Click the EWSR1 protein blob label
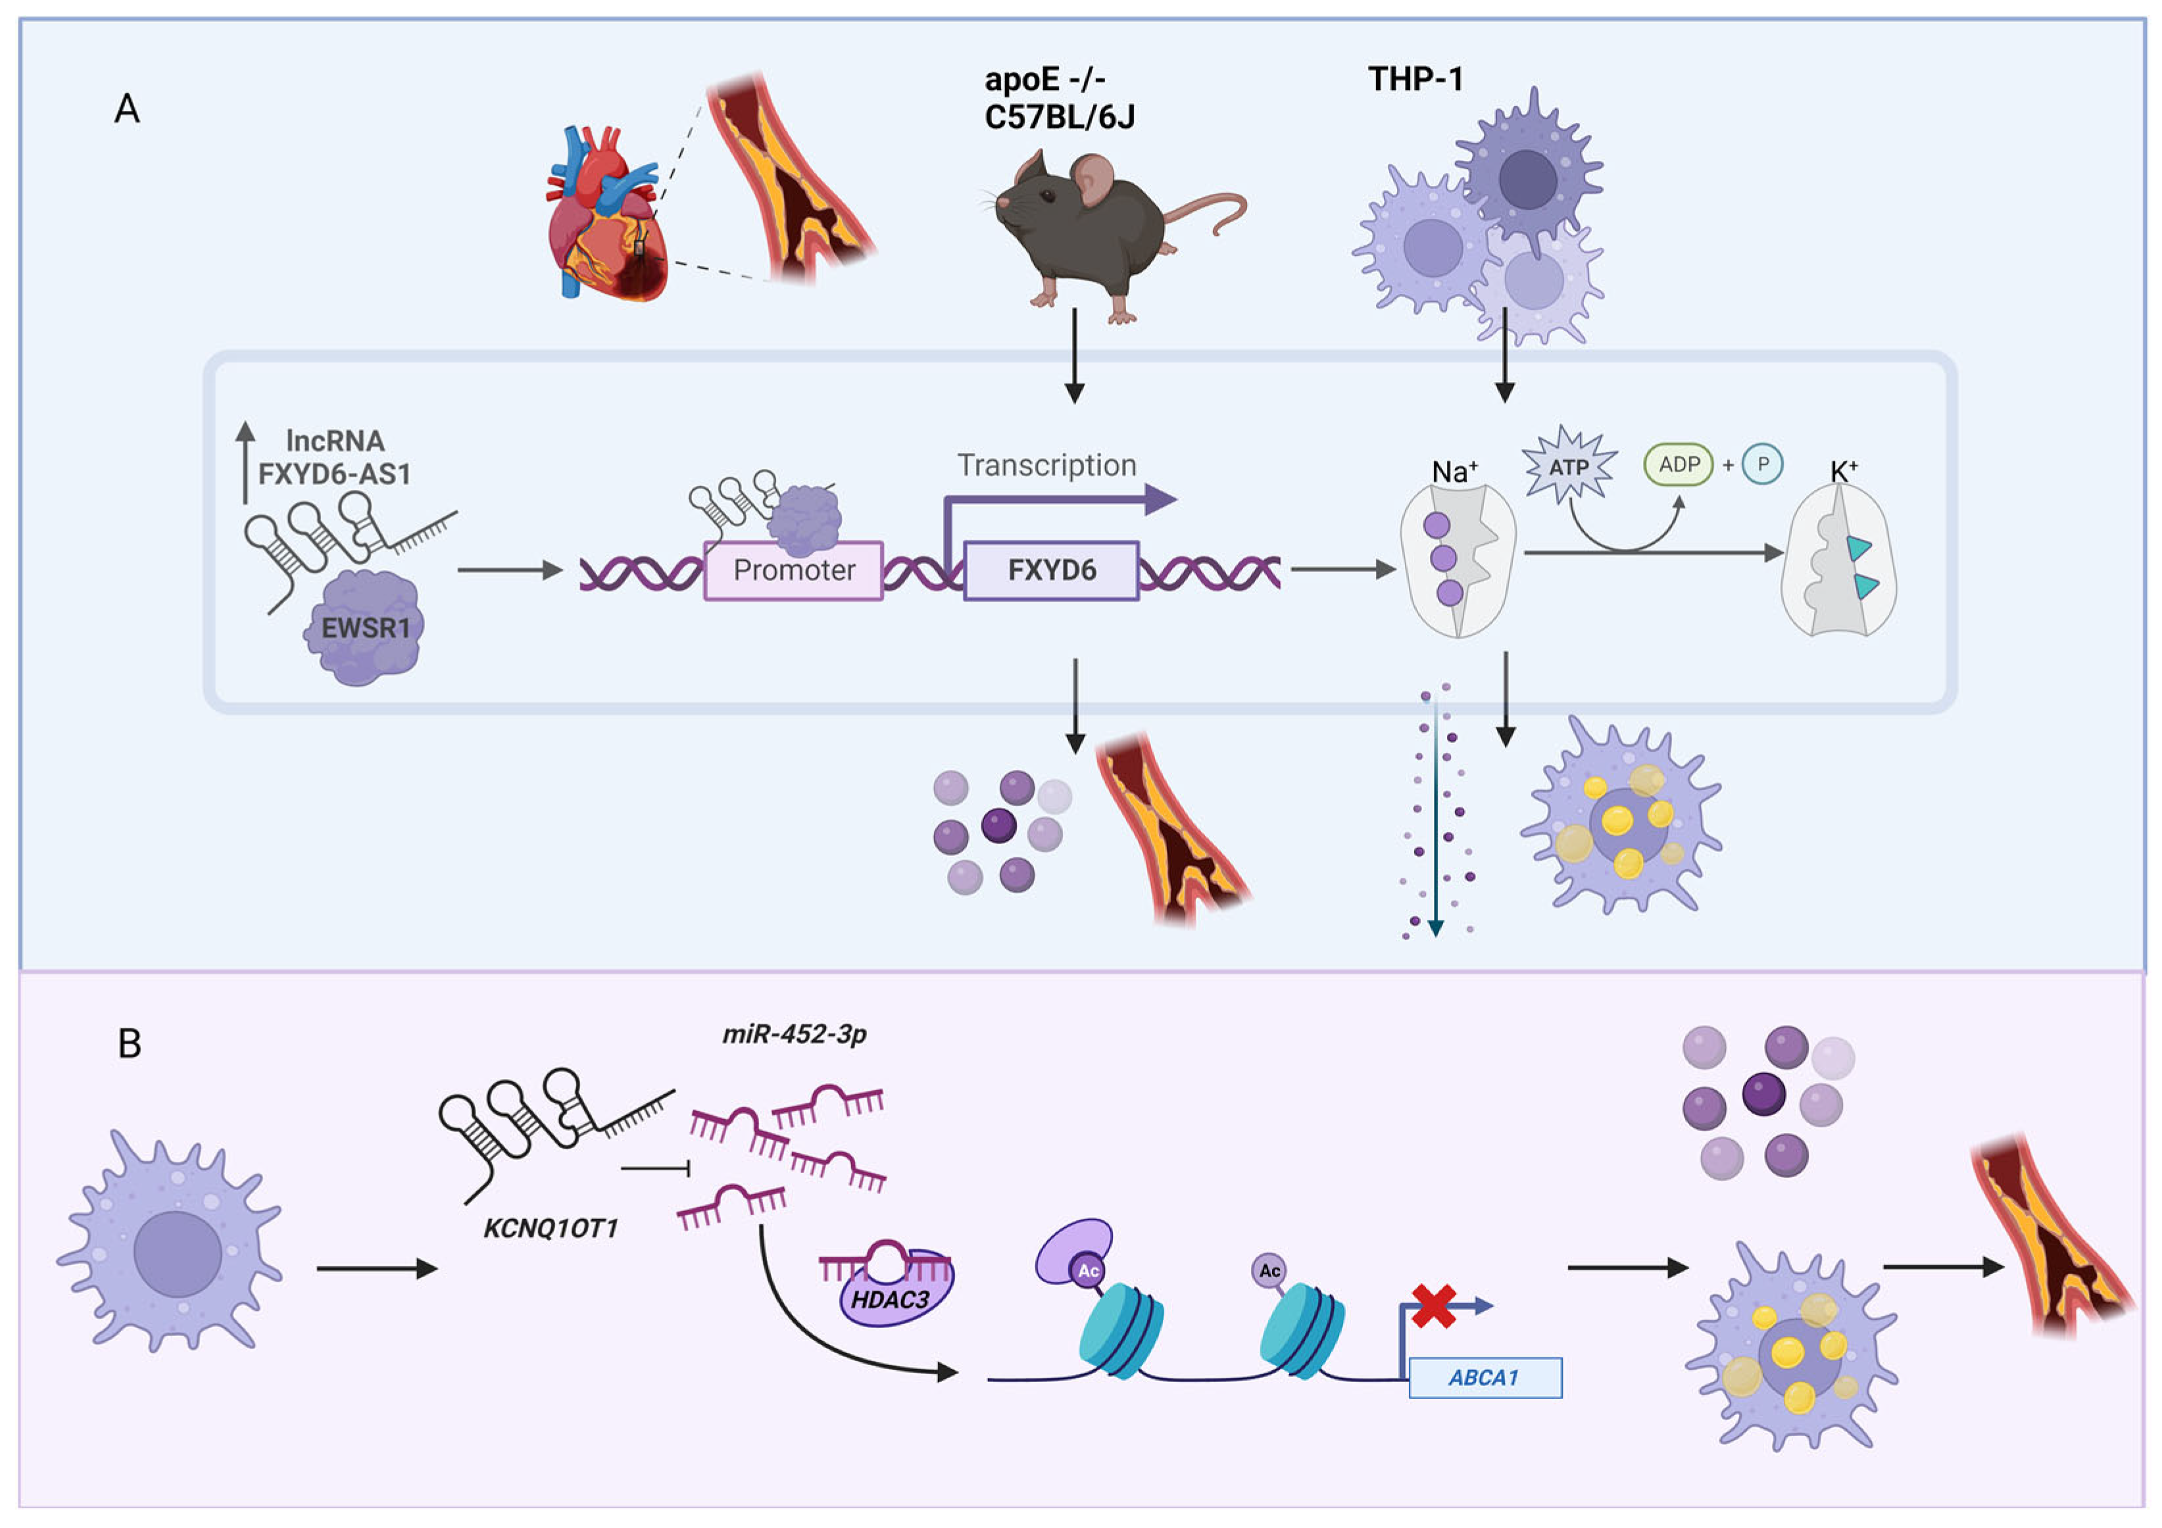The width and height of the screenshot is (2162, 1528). (365, 628)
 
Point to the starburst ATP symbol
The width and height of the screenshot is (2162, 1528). (1569, 467)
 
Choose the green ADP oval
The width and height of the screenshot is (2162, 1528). (1678, 465)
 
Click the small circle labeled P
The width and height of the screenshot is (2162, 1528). (1762, 465)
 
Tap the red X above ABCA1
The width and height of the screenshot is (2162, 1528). (1433, 1306)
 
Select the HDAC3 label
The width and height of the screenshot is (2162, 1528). (890, 1300)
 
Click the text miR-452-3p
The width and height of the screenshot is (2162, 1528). (794, 1034)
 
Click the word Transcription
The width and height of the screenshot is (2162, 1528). (1046, 465)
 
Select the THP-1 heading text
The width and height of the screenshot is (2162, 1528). (1415, 79)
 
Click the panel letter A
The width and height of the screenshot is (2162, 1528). (127, 109)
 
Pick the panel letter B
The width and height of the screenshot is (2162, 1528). (130, 1044)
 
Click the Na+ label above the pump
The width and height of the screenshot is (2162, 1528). (1454, 471)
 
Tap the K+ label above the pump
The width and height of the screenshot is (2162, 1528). (1843, 471)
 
